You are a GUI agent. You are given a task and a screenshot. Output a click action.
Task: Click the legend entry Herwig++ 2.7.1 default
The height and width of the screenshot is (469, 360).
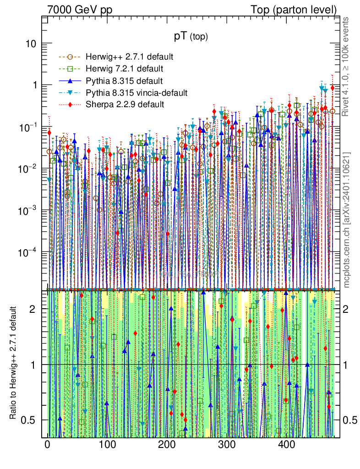coord(129,57)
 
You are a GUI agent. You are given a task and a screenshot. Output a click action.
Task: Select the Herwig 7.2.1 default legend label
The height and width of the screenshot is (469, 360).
coord(124,69)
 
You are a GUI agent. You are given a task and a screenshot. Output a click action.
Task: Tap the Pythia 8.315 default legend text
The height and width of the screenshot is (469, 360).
coord(124,81)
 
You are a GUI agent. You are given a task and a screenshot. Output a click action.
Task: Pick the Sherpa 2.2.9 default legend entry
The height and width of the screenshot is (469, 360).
coord(125,104)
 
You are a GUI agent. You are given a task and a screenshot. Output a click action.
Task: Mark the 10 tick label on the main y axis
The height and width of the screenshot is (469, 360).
coord(32,44)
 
